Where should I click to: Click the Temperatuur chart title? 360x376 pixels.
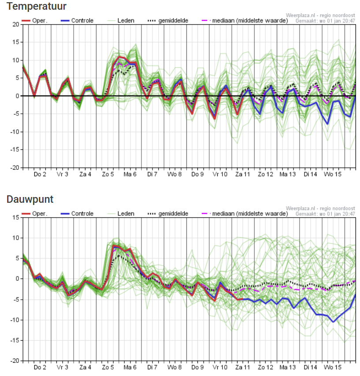(37, 6)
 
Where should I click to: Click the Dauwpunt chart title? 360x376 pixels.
(30, 199)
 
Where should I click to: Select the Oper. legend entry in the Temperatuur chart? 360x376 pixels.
(34, 21)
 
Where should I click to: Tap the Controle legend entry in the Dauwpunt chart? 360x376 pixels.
(77, 214)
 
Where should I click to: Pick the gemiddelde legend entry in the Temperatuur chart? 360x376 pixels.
(168, 21)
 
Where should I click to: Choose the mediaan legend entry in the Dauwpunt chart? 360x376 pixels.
(245, 214)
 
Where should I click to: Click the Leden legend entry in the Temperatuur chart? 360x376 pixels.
(121, 21)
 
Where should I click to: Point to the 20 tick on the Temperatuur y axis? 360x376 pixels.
(16, 24)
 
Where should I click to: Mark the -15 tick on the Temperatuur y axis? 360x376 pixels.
(15, 149)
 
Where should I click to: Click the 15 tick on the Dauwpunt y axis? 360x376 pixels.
(16, 217)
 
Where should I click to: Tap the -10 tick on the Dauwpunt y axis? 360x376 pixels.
(15, 320)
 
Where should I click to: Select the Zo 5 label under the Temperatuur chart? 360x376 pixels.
(108, 174)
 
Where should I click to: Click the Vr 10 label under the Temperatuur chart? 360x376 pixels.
(220, 174)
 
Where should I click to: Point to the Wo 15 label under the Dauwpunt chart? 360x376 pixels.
(332, 367)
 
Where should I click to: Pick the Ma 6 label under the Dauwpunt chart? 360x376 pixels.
(130, 367)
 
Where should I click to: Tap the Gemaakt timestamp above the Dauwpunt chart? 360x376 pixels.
(325, 214)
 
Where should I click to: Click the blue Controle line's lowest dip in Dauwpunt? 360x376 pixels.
(333, 322)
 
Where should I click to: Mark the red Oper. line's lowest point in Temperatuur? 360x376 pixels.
(215, 118)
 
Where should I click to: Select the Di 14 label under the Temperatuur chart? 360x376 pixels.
(310, 174)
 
